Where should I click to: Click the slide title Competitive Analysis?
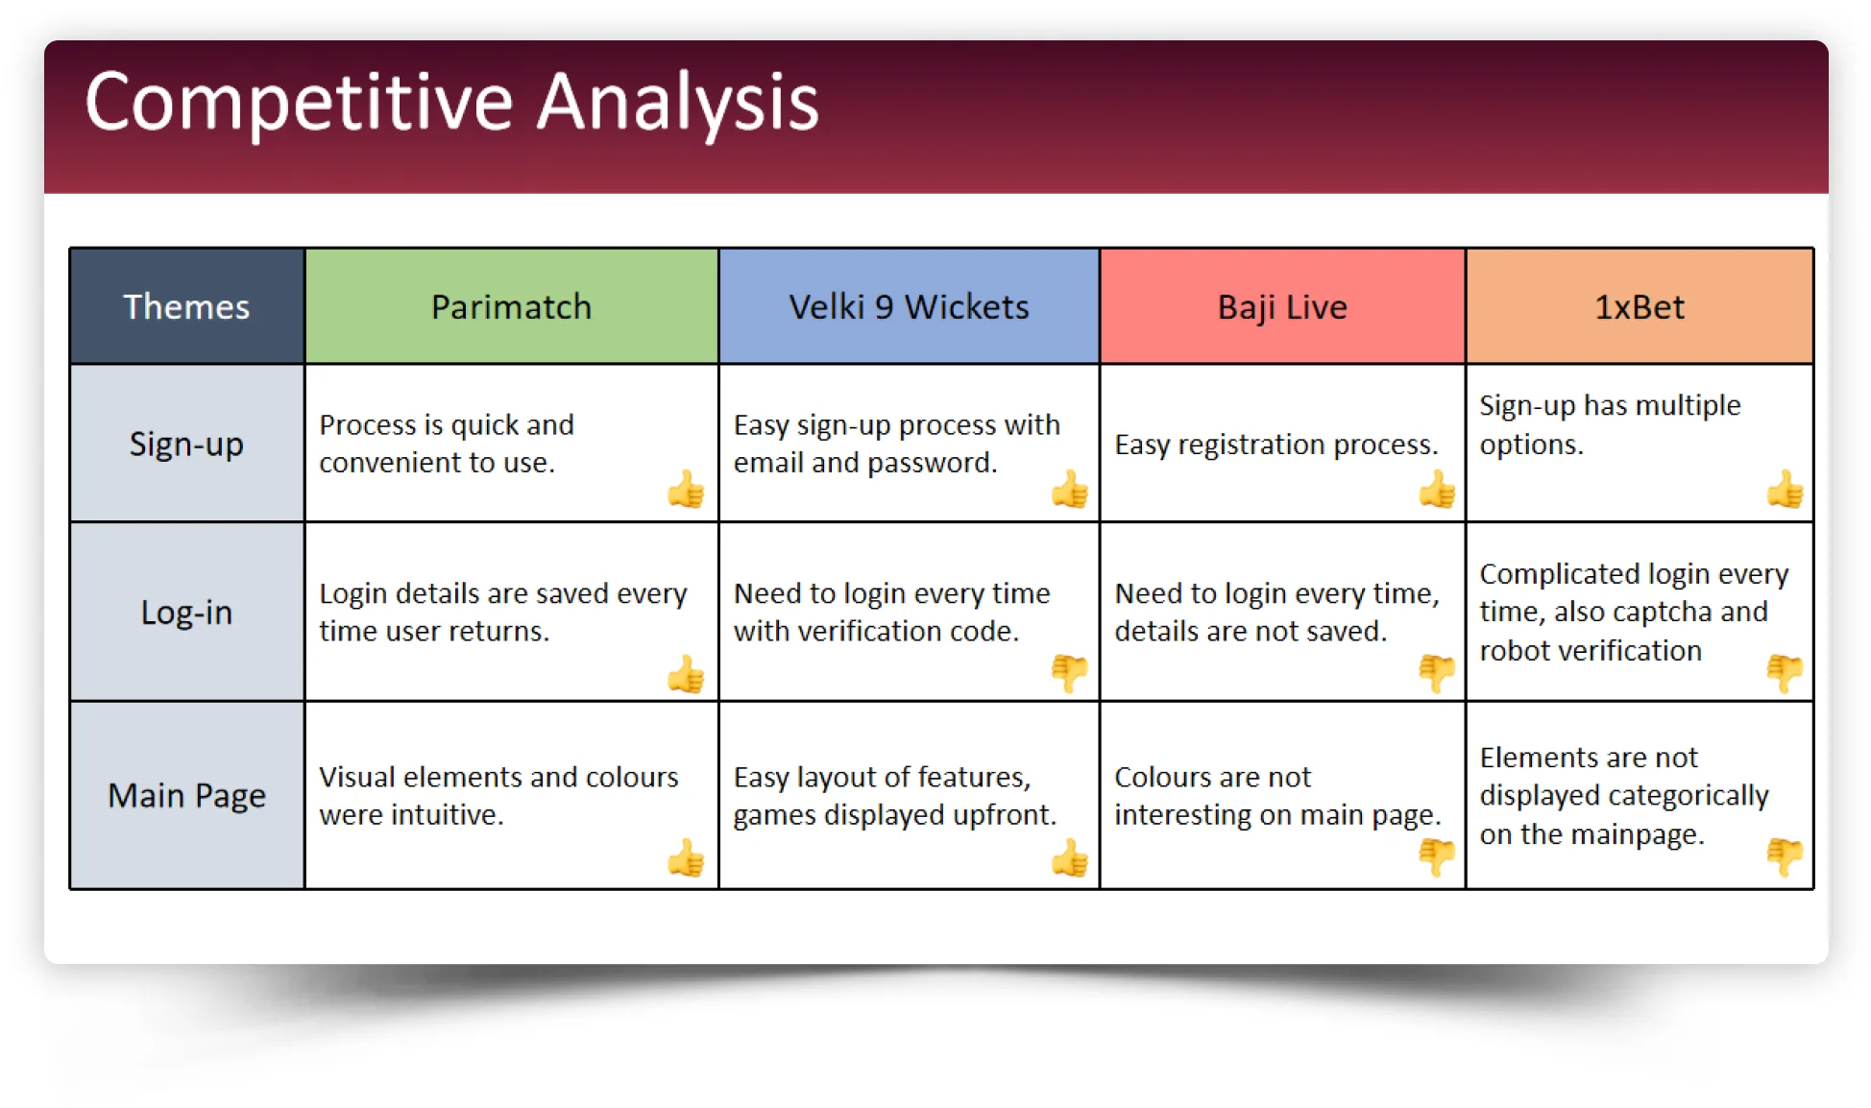click(x=451, y=103)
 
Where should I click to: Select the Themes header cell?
click(x=186, y=306)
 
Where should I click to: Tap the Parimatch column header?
click(x=511, y=306)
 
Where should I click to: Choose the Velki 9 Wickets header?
click(x=909, y=306)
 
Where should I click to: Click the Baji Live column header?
click(x=1282, y=306)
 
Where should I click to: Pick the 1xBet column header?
click(x=1640, y=306)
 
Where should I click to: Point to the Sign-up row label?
click(x=186, y=445)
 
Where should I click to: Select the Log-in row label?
click(x=186, y=613)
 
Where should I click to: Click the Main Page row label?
click(x=186, y=796)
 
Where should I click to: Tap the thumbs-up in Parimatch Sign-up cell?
click(x=686, y=489)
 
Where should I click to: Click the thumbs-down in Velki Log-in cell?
click(x=1069, y=672)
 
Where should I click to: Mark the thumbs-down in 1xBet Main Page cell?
click(x=1785, y=856)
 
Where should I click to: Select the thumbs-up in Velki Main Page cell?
click(x=1069, y=857)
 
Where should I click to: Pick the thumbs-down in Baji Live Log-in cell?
click(x=1437, y=672)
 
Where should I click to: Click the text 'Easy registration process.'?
click(x=1276, y=445)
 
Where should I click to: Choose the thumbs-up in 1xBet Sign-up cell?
click(x=1785, y=489)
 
